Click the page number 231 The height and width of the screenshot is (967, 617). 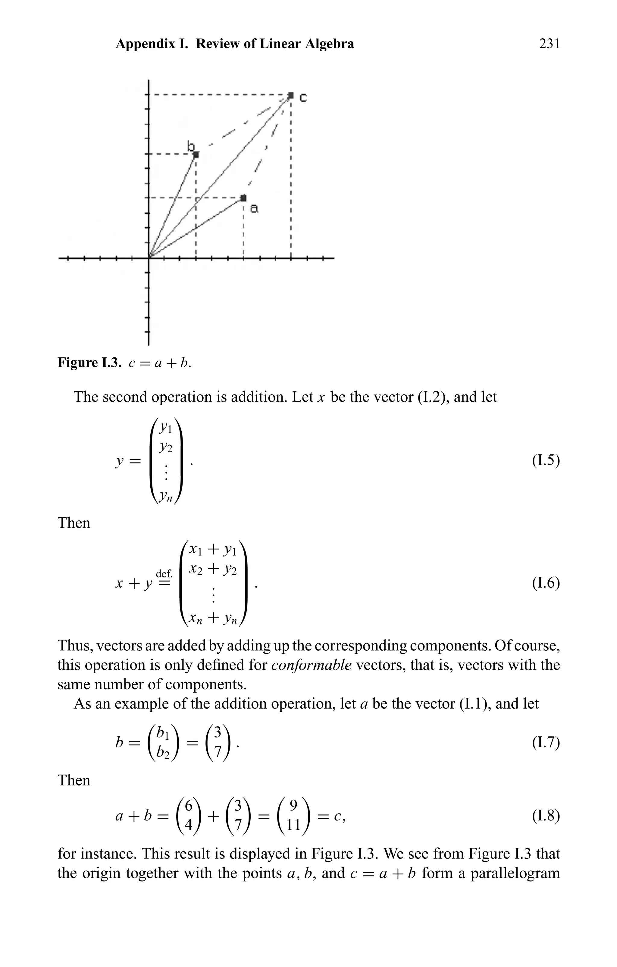tap(549, 43)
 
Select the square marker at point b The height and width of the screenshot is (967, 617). tap(196, 154)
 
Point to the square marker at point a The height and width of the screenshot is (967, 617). tap(243, 198)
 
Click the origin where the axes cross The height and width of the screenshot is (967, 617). tap(149, 258)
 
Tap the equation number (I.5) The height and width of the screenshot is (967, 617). tap(546, 460)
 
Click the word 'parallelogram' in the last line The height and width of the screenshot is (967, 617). tap(515, 873)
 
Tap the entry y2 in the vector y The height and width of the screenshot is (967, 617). tap(166, 447)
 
